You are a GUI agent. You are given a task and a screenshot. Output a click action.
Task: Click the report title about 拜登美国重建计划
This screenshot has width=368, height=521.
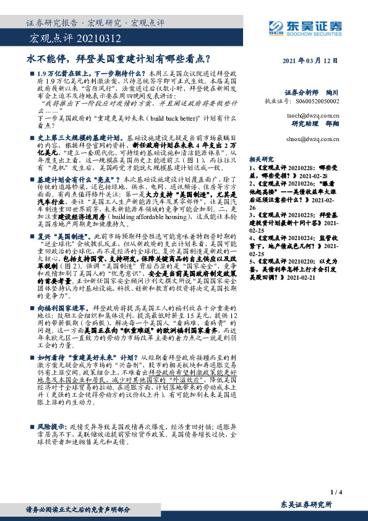point(118,60)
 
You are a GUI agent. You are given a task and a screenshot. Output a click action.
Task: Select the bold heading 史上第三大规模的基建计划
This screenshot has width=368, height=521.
point(81,135)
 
